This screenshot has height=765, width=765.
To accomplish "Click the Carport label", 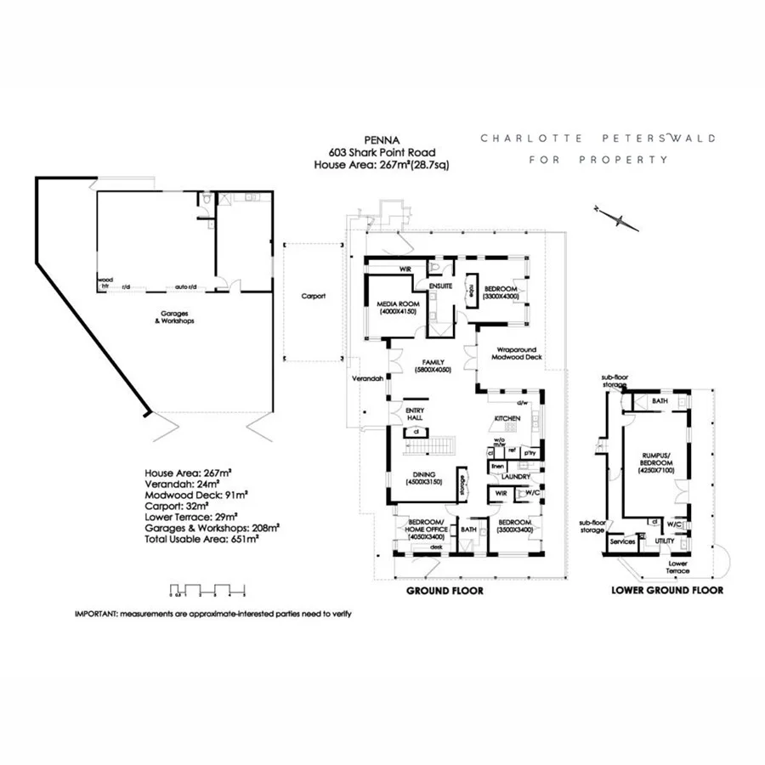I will (314, 297).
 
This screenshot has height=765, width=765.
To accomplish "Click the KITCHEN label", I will (507, 420).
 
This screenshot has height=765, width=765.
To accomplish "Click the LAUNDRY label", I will (516, 477).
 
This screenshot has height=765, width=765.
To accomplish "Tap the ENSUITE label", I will (440, 286).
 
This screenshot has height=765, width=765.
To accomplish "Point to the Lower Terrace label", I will (678, 567).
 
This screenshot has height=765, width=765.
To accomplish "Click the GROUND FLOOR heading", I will (445, 591).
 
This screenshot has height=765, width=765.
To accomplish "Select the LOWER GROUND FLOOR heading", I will (667, 590).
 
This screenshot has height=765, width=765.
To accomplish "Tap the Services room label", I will (623, 541).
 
